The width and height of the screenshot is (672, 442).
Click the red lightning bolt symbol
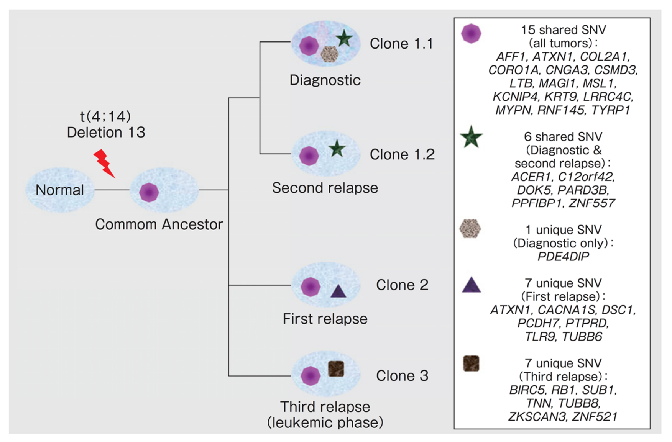[104, 164]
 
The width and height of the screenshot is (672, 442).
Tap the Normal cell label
[59, 190]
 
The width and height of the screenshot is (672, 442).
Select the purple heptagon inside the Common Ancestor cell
[149, 192]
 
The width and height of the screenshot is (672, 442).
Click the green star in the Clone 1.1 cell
[344, 38]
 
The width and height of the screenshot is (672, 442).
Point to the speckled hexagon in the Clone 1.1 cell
[329, 54]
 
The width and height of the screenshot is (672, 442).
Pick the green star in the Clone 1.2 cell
[337, 149]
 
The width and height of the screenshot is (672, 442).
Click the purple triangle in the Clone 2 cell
[338, 291]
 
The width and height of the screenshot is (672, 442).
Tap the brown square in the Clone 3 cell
[336, 368]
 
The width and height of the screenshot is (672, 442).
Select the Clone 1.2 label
[402, 154]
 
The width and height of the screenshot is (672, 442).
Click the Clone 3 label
[402, 376]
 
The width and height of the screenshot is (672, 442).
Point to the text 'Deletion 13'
[106, 133]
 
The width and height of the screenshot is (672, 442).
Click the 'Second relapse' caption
[325, 188]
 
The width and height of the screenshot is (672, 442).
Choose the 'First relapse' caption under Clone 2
[325, 319]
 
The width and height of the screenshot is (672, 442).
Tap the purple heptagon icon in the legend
[471, 33]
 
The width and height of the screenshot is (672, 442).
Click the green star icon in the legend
[471, 137]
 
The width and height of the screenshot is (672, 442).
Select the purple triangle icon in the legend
[471, 285]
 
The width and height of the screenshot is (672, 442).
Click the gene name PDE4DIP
[563, 256]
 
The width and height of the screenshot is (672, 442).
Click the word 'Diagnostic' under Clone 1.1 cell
[325, 80]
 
